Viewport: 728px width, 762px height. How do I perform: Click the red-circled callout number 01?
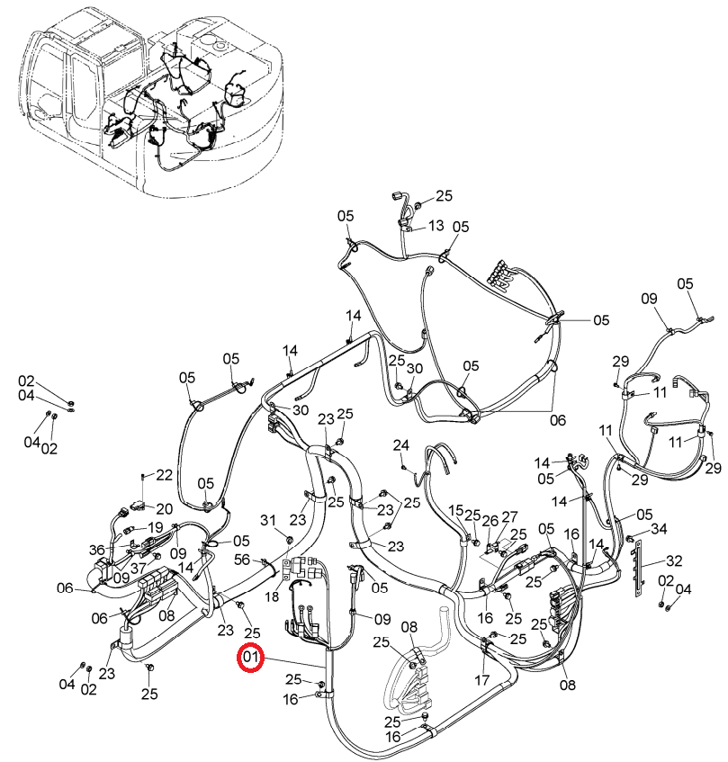pos(250,658)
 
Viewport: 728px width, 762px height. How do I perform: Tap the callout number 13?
pos(436,226)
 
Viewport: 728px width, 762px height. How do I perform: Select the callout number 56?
pos(242,560)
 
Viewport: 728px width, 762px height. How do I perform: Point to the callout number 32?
pos(674,560)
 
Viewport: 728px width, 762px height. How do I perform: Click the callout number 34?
pos(659,528)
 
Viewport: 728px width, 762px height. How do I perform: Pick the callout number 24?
pos(401,444)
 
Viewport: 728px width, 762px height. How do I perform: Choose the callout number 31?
pos(268,521)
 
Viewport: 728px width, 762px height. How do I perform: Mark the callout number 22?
pos(165,475)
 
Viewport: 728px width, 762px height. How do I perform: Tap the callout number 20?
pos(165,509)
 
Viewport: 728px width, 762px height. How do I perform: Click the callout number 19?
pos(155,527)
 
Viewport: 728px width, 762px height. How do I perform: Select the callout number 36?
pos(96,550)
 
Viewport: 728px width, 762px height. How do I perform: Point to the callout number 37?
pos(138,568)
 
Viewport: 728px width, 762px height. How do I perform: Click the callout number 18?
pos(272,596)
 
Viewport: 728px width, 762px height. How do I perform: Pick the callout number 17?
pos(482,679)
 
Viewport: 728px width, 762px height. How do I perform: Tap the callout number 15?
pos(456,510)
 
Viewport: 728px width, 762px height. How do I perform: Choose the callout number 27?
pos(509,516)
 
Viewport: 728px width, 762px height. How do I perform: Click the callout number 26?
pos(490,521)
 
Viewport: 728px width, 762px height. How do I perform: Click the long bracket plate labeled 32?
pos(639,569)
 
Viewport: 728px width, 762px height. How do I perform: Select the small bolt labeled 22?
pos(143,477)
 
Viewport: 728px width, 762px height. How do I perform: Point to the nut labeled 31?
pos(290,539)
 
